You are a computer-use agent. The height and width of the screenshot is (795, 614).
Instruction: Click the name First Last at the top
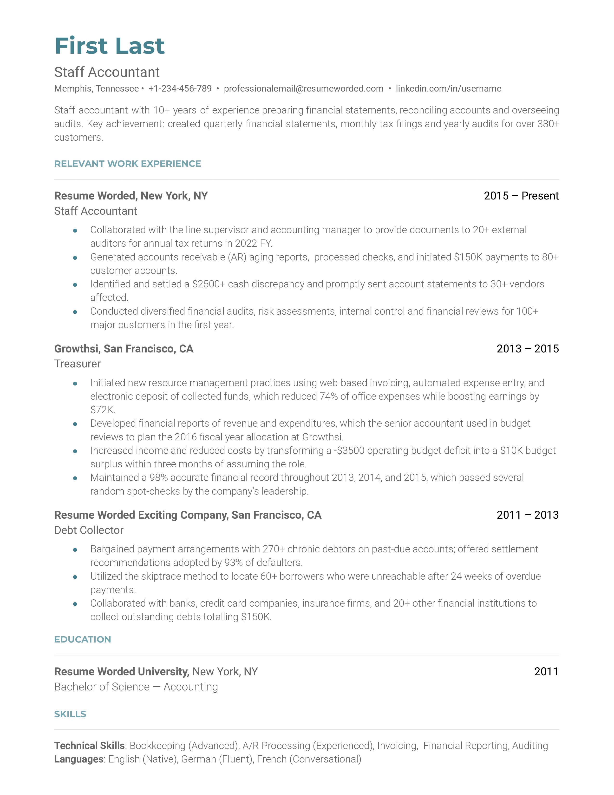pos(110,46)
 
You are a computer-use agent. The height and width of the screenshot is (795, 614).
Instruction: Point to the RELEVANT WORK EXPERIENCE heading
pos(127,164)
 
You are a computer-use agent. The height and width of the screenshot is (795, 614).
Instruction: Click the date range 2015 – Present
pos(521,196)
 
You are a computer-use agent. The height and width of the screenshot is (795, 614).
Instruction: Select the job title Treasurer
pos(77,364)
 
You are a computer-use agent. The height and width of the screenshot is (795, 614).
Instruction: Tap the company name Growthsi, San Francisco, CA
pos(124,349)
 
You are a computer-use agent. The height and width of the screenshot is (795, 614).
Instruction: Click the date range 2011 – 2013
pos(527,515)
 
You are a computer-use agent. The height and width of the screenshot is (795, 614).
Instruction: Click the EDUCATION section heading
pos(83,640)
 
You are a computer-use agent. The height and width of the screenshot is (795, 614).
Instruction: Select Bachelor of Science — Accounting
pos(136,687)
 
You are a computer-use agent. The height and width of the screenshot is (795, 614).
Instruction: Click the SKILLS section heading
pos(70,714)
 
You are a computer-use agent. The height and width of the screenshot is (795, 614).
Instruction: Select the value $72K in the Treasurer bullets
pos(103,410)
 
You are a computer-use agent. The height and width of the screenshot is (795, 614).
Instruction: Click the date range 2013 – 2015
pos(527,349)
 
